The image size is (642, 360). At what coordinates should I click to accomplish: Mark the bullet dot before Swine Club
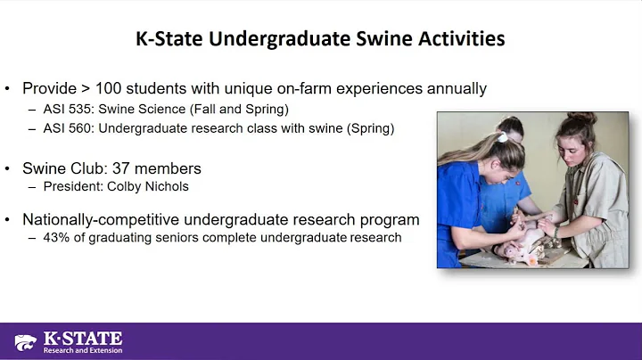pyautogui.click(x=8, y=168)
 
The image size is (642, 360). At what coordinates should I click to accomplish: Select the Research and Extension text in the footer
pyautogui.click(x=83, y=350)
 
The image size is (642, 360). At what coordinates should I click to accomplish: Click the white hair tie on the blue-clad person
pyautogui.click(x=503, y=137)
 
